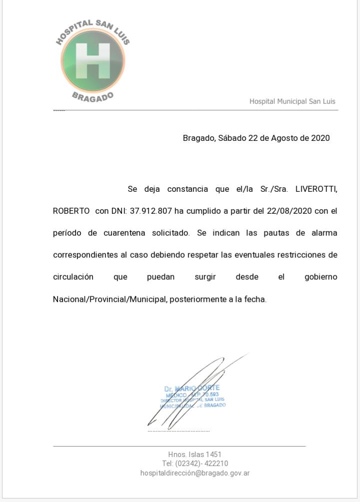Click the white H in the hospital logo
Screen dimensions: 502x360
[x=92, y=61]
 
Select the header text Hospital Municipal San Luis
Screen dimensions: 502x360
[x=292, y=101]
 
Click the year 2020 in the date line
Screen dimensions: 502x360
[x=320, y=138]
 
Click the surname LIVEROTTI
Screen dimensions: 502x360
[x=316, y=189]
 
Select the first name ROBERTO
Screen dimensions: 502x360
[x=71, y=211]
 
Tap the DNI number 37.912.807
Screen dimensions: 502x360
[x=150, y=211]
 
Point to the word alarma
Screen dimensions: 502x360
[x=324, y=233]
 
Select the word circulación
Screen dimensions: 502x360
[x=73, y=277]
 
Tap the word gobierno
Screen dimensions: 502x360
[x=320, y=277]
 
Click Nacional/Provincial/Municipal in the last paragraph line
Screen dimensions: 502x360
[x=109, y=300]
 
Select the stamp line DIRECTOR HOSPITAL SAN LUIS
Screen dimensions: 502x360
[x=192, y=400]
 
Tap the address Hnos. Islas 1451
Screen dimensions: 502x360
[x=194, y=455]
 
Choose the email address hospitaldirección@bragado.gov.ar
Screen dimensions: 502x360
[x=195, y=473]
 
